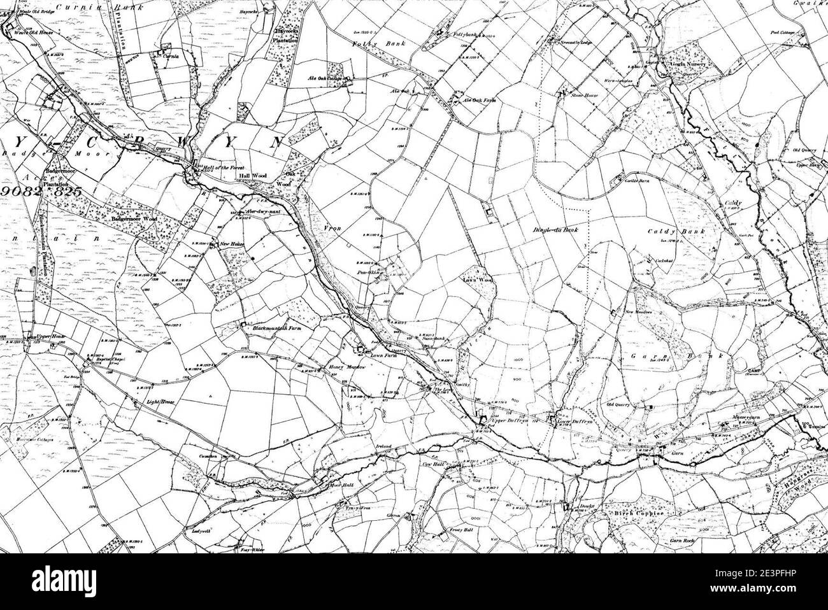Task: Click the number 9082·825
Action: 44,190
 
